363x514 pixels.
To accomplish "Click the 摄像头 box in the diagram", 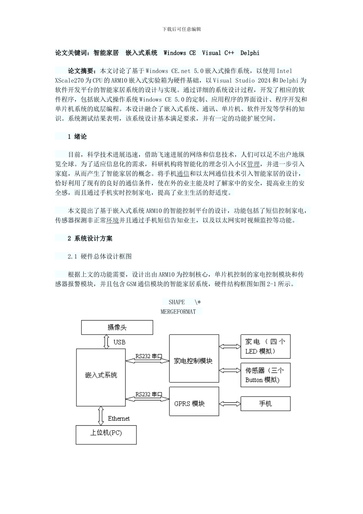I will (117, 327).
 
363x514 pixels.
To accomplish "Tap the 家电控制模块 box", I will (194, 358).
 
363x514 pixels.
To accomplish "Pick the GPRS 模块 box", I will (194, 402).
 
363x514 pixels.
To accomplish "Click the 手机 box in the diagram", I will (265, 403).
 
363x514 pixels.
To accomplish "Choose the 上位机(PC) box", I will (106, 434).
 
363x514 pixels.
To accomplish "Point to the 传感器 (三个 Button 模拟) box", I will (265, 375).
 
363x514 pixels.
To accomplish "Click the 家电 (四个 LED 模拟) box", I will (265, 346).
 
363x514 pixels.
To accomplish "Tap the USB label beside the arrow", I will (119, 342).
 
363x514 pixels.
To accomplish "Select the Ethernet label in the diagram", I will (118, 418).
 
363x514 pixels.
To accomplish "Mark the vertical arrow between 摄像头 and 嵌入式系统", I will (106, 342).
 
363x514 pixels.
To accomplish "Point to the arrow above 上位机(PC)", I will (100, 416).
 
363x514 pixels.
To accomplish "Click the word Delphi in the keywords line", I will (250, 53).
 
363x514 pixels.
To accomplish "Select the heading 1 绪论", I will (77, 137).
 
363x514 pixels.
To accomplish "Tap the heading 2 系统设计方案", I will (90, 238).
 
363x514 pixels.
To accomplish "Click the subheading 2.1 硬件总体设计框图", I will (100, 256).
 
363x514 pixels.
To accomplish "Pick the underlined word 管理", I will (253, 164).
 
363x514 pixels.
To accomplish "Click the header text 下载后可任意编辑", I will (181, 29).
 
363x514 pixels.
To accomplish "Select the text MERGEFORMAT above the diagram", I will (178, 311).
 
